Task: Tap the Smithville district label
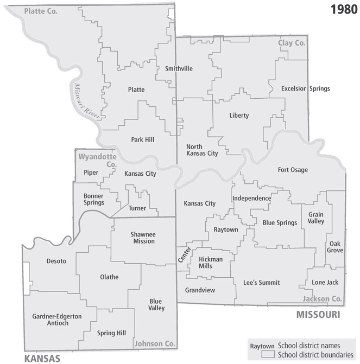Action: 179,68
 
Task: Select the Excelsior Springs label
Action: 305,88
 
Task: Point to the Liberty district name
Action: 239,116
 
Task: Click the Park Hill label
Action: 142,139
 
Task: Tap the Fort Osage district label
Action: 292,170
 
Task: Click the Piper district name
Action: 91,173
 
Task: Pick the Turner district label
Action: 137,208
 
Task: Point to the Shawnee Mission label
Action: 143,238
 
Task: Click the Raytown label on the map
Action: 226,229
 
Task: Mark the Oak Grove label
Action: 335,247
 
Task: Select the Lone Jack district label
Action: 325,282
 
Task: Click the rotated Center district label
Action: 184,255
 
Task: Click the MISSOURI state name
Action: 318,315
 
